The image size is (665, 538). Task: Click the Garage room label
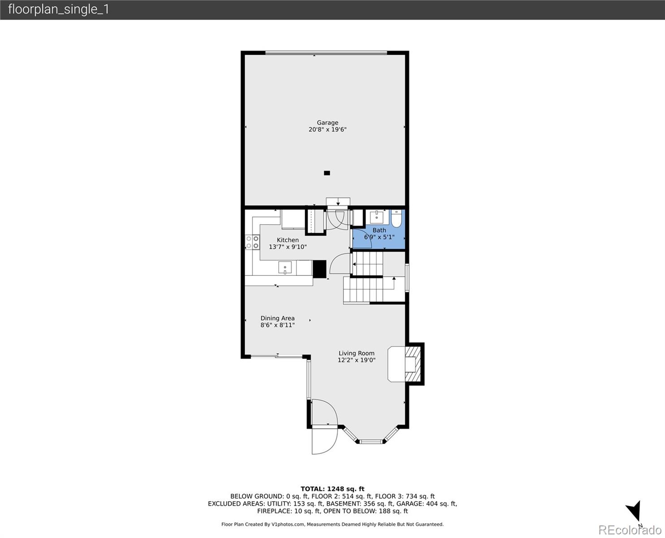coord(327,122)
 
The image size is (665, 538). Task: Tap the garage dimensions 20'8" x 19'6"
coord(327,130)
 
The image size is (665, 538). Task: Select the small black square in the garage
coord(327,173)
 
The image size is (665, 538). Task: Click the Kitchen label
coord(287,240)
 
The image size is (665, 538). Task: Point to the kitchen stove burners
coord(252,242)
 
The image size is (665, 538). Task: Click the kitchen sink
coord(285,268)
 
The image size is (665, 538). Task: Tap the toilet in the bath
coord(397,219)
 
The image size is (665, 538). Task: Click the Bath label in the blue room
coord(379,230)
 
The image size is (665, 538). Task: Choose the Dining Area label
coord(277,318)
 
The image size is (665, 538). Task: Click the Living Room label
coord(356,353)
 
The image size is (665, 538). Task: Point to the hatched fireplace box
coord(414,364)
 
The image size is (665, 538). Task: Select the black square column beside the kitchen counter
coord(320,269)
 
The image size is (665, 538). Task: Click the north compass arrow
coord(634,512)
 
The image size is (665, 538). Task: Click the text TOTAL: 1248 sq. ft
coord(332,489)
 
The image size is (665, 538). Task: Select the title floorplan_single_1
coord(58,9)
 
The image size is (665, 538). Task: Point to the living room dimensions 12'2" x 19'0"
coord(356,360)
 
